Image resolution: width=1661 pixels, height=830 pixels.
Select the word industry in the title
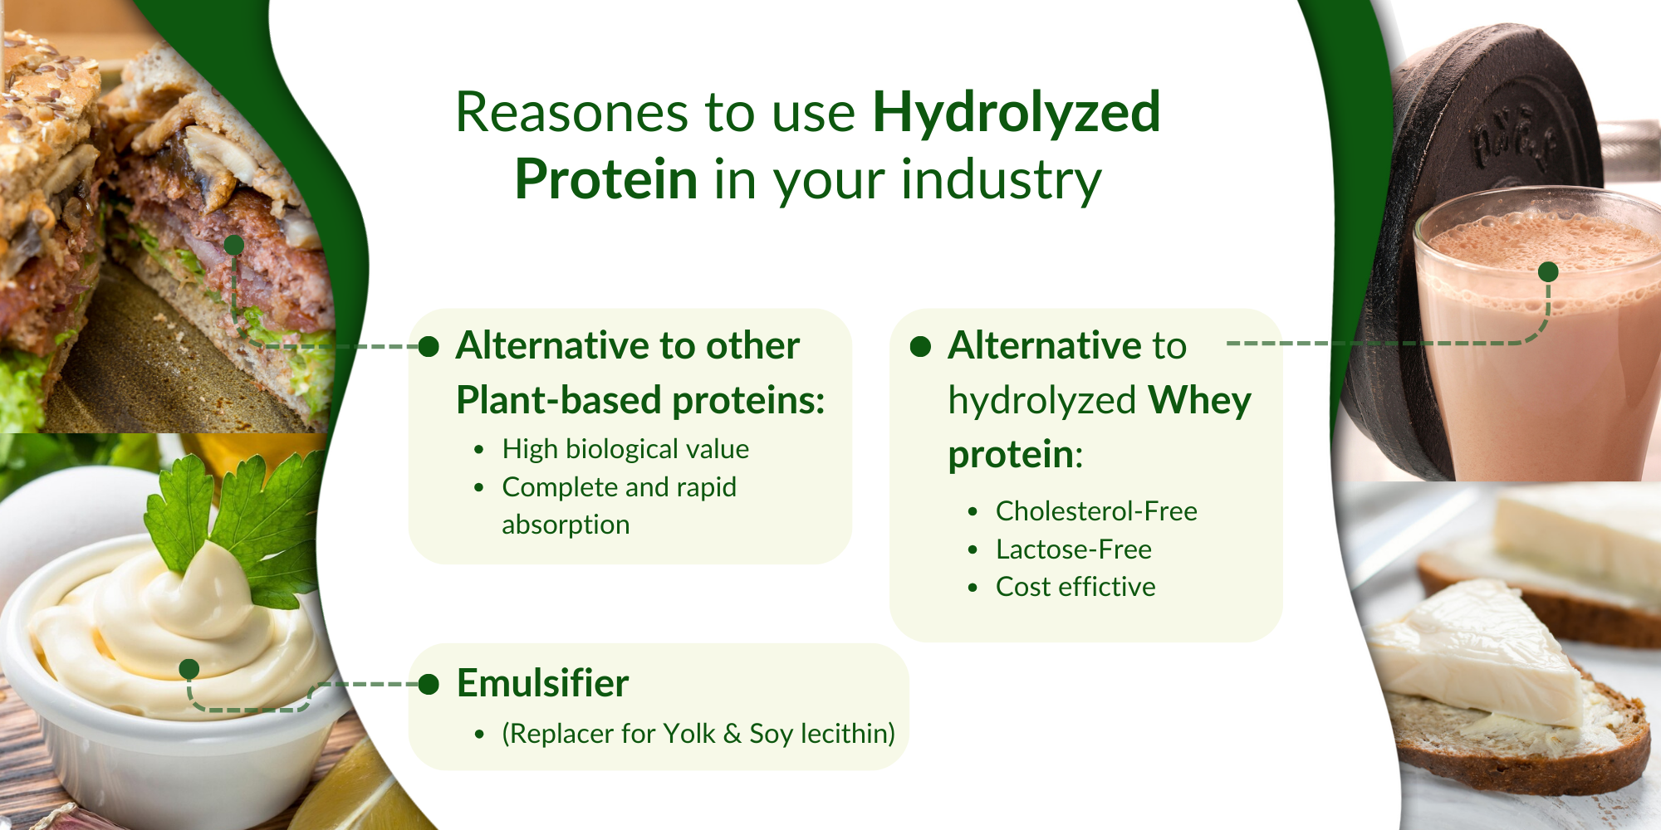click(x=1001, y=179)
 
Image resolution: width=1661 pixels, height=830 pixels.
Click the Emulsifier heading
click(x=542, y=683)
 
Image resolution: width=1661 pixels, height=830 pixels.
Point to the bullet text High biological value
click(x=625, y=449)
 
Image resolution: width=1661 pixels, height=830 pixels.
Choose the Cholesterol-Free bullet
click(x=1095, y=511)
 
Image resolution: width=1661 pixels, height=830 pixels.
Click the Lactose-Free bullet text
click(x=1073, y=549)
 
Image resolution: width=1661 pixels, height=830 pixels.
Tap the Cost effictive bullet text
click(x=1075, y=587)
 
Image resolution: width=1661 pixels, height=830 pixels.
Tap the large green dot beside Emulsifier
click(x=429, y=684)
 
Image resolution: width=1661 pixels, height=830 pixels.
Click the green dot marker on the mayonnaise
click(x=189, y=668)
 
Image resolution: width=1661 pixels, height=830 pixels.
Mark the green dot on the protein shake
click(x=1548, y=271)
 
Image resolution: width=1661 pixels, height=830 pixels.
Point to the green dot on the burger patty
click(x=234, y=244)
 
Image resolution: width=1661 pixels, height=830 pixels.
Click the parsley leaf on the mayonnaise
click(x=241, y=515)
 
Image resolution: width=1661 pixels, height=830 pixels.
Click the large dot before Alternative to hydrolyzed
click(x=920, y=346)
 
